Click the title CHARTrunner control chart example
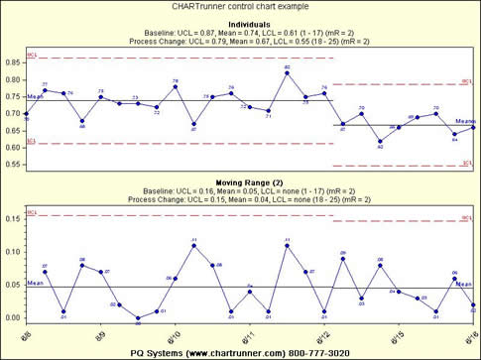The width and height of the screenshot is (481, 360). coord(239,7)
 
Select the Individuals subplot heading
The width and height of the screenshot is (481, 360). coord(241,24)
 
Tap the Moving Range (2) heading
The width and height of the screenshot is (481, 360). coord(241,183)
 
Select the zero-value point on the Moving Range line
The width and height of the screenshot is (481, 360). coord(138,318)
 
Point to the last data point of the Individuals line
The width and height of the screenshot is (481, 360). coord(473,127)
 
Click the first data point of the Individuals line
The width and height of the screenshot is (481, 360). coord(26,116)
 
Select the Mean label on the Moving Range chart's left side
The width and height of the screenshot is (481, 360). coord(35,283)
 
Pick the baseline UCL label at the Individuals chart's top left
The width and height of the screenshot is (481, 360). coord(32,54)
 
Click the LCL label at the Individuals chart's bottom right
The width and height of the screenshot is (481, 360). coord(465,161)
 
